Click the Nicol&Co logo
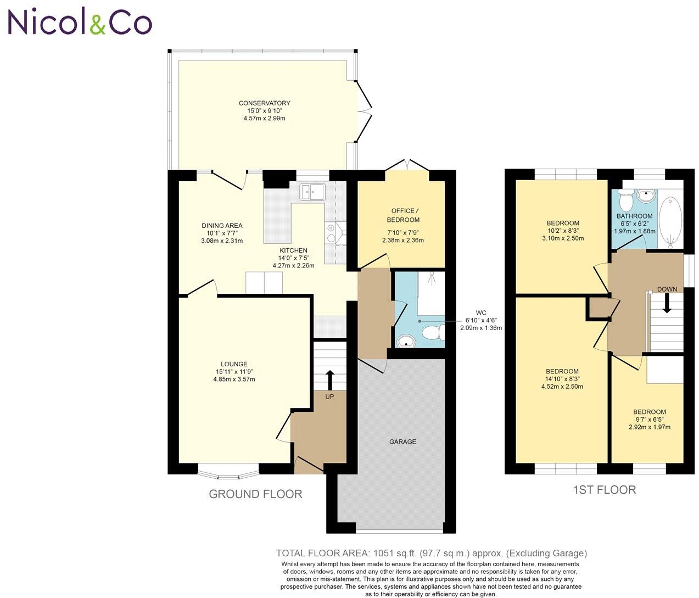click(x=79, y=23)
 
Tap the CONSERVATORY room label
click(x=264, y=103)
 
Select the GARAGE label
click(x=402, y=441)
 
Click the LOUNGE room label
click(x=234, y=364)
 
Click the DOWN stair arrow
click(x=667, y=303)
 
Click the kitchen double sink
click(x=312, y=192)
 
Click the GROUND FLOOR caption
click(x=255, y=494)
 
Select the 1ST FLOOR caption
click(x=604, y=490)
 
